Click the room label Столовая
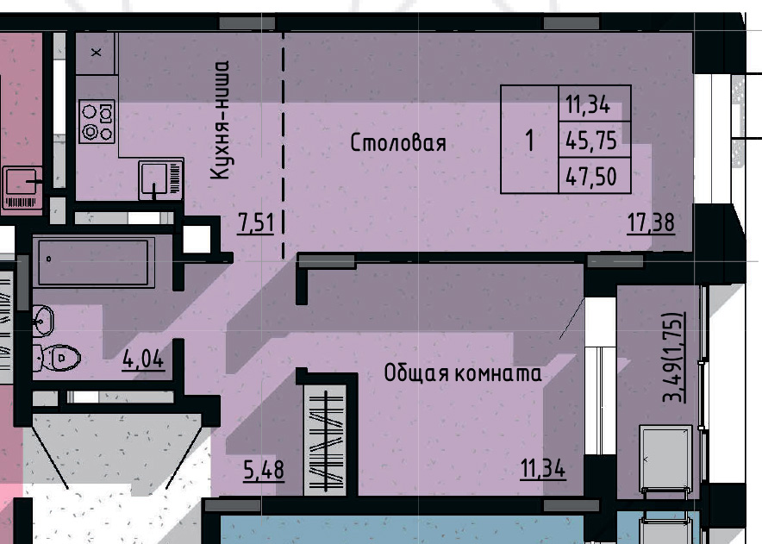point(398,143)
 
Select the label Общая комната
point(463,373)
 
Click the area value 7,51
point(255,223)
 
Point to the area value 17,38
point(650,223)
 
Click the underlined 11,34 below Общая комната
point(542,471)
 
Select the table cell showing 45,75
point(588,140)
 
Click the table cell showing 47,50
point(588,177)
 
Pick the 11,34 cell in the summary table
point(588,105)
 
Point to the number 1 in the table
point(529,140)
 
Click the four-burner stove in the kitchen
point(97,122)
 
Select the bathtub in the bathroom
point(93,262)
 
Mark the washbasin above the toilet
point(43,322)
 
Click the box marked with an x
point(96,53)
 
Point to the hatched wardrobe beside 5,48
point(328,440)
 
